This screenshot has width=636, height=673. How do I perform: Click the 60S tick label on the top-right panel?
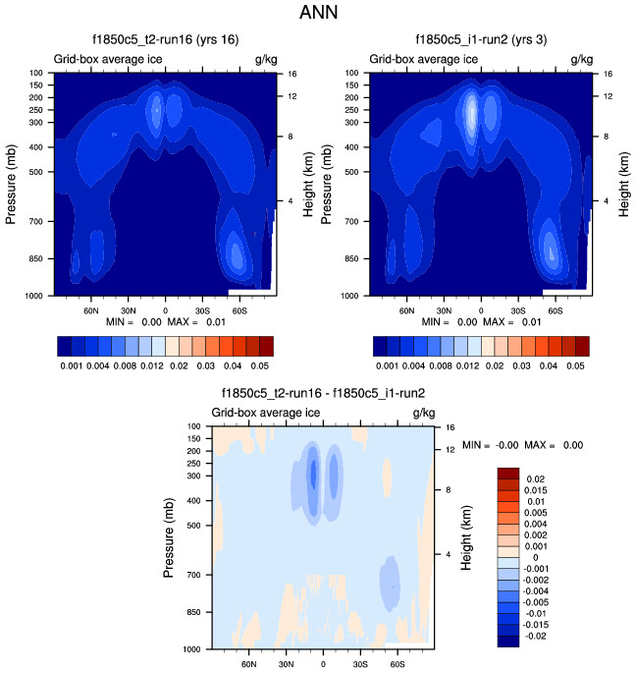[x=555, y=308]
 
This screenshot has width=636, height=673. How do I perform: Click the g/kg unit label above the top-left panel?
[x=265, y=60]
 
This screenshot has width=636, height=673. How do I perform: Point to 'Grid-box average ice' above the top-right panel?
[x=423, y=60]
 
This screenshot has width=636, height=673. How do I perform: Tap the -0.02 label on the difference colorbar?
[x=537, y=638]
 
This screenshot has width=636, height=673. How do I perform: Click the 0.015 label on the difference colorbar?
[x=539, y=490]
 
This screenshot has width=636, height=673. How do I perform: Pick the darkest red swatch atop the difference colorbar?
[x=508, y=474]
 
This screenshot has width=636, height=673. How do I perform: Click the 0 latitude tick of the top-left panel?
[x=165, y=308]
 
